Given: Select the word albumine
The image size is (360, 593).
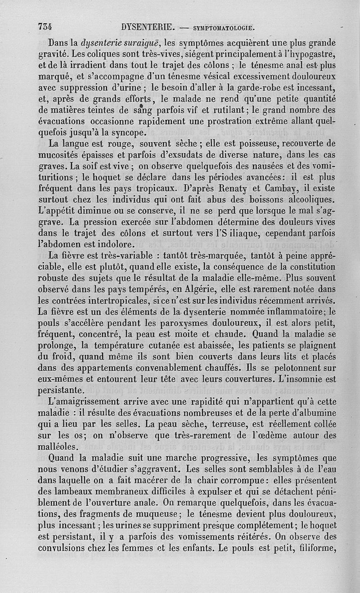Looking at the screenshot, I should click(x=315, y=413).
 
